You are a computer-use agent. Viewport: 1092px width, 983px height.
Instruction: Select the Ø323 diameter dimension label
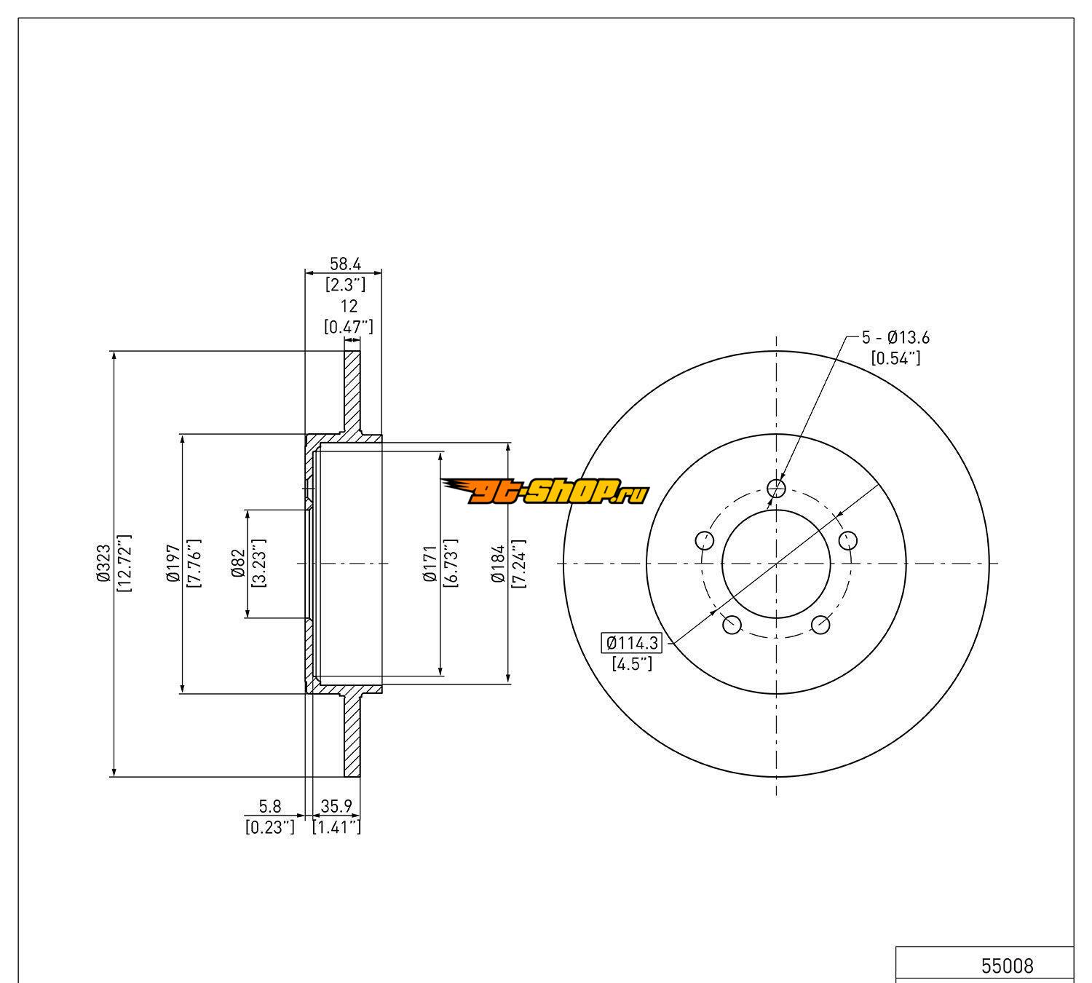tap(103, 564)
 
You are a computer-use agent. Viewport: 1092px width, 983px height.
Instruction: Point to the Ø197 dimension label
tap(173, 564)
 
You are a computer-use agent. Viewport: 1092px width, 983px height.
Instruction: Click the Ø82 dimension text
tap(238, 564)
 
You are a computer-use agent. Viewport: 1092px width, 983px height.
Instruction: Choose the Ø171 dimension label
tap(430, 564)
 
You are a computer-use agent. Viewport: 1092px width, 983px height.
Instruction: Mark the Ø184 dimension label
tap(498, 564)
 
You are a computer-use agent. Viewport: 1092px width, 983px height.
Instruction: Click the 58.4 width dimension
tap(344, 264)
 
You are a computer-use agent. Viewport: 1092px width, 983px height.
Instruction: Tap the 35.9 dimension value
tap(336, 806)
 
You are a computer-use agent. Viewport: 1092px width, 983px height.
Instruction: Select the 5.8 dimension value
tap(270, 806)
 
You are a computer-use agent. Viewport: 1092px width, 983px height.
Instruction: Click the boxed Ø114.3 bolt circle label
tap(632, 643)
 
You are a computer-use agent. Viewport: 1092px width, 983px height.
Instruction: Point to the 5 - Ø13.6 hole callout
tap(895, 338)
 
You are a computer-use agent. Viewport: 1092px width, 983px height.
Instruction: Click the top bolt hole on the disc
tap(777, 488)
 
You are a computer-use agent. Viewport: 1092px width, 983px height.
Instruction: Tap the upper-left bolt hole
tap(704, 541)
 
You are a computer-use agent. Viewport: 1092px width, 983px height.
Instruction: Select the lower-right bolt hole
tap(820, 625)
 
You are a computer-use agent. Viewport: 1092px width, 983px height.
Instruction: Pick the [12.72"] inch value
tap(124, 564)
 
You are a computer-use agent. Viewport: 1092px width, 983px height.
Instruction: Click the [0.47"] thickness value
tap(349, 327)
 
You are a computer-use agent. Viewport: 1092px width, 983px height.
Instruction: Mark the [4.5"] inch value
tap(632, 663)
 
